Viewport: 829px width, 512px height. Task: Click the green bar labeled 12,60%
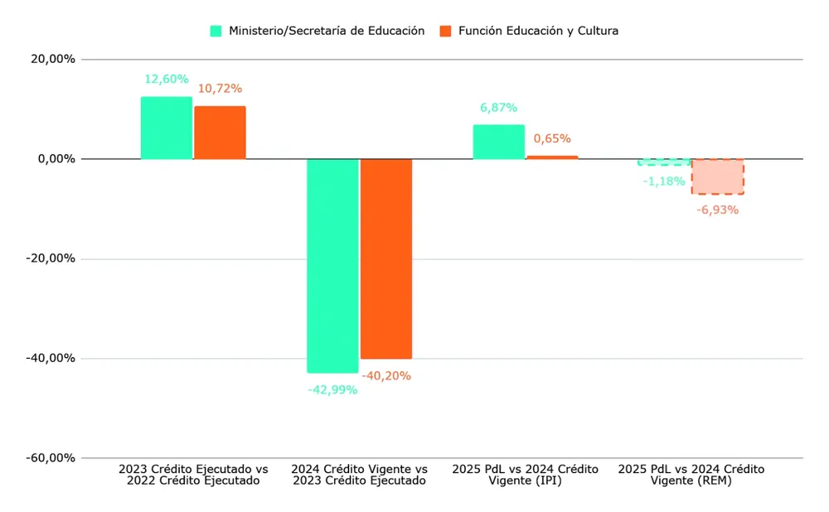click(x=167, y=128)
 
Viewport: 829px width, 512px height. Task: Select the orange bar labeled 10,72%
click(x=220, y=133)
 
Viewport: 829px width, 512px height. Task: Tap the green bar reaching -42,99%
click(x=332, y=265)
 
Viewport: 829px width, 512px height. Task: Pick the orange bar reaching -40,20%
click(x=386, y=258)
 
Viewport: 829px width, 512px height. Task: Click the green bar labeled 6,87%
click(x=499, y=142)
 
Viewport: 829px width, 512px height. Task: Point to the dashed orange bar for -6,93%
click(x=718, y=176)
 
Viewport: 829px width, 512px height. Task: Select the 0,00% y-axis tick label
click(x=56, y=159)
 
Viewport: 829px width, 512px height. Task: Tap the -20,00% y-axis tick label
click(x=51, y=258)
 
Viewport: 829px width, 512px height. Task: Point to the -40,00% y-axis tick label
click(x=51, y=359)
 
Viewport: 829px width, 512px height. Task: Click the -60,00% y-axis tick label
click(x=51, y=458)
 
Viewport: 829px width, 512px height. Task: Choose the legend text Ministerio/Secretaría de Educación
click(x=327, y=31)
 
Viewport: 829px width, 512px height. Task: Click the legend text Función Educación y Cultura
click(x=539, y=31)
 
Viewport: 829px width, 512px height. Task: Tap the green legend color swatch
click(x=216, y=31)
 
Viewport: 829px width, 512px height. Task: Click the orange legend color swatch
click(x=445, y=31)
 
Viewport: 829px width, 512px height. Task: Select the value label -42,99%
click(x=332, y=389)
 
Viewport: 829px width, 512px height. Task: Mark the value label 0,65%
click(x=552, y=138)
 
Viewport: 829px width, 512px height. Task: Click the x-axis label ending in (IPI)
click(x=525, y=475)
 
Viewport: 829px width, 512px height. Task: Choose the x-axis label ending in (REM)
click(x=691, y=475)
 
